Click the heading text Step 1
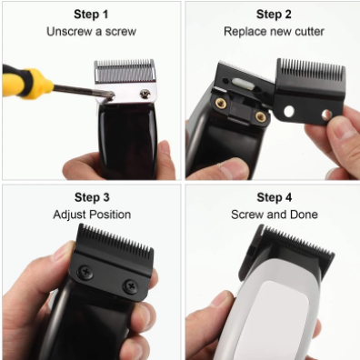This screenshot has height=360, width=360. click(x=91, y=15)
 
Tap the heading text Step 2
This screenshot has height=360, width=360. click(x=274, y=15)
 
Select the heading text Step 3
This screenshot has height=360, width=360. click(x=92, y=197)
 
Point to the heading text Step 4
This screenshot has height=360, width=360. click(x=275, y=197)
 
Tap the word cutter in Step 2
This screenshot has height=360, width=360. click(x=309, y=32)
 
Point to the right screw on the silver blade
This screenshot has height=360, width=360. click(x=145, y=94)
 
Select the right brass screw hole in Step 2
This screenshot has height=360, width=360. click(x=260, y=116)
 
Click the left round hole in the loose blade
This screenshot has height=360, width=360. click(x=289, y=111)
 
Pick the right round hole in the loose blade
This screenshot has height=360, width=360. click(x=326, y=114)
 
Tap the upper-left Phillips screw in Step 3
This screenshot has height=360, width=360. click(x=85, y=272)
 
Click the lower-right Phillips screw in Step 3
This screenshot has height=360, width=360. click(x=131, y=286)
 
